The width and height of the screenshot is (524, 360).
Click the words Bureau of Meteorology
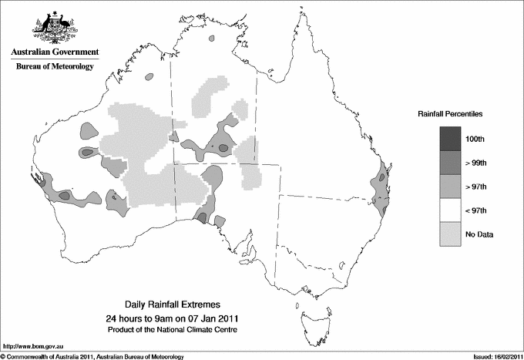(55, 67)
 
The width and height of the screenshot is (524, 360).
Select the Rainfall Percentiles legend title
(450, 113)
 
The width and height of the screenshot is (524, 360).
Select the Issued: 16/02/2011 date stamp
(491, 356)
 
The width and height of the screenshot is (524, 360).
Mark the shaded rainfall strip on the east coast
(380, 192)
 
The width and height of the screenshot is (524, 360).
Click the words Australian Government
(55, 52)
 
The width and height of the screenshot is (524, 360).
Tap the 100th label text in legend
(475, 139)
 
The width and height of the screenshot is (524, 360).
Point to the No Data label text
(479, 234)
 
